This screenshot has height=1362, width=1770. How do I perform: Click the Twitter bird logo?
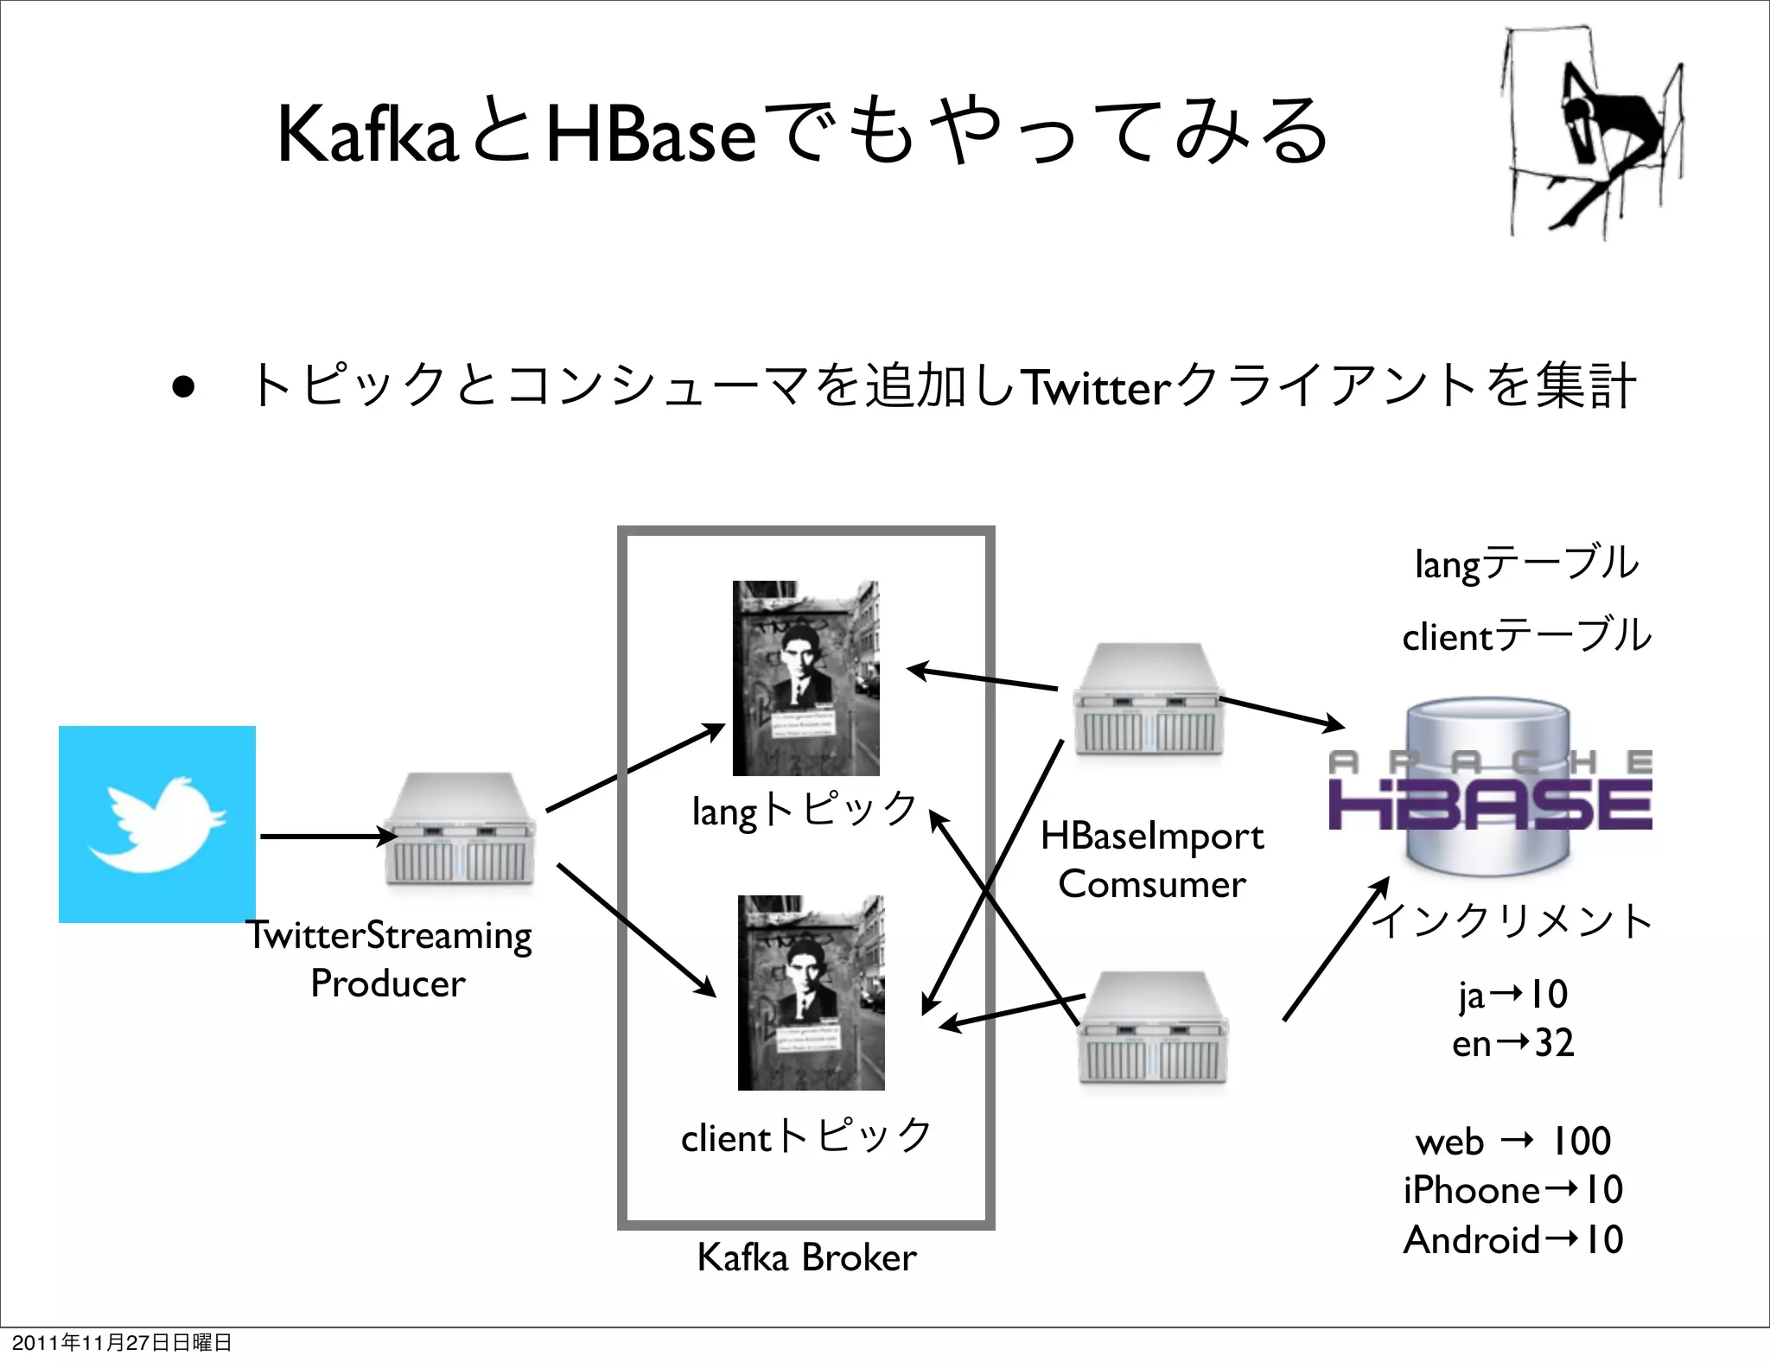click(x=156, y=824)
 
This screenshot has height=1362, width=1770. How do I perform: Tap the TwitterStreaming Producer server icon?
click(x=460, y=830)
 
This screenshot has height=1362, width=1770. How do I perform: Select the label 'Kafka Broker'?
click(x=806, y=1257)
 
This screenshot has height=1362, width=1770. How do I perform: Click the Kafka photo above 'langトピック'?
click(x=805, y=678)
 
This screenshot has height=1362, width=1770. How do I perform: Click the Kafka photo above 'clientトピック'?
click(x=811, y=992)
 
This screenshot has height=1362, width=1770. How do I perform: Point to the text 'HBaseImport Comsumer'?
click(x=1152, y=859)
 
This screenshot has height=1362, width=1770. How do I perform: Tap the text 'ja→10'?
click(x=1512, y=994)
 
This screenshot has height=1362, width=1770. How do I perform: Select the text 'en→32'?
click(x=1512, y=1043)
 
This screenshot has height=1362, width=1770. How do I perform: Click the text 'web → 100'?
click(x=1512, y=1141)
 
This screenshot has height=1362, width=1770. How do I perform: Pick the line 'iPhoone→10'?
click(x=1512, y=1190)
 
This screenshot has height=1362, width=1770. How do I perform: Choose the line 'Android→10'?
click(x=1512, y=1239)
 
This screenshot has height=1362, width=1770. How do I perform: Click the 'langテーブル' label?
click(x=1526, y=563)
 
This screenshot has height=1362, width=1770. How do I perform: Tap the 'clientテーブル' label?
click(x=1526, y=636)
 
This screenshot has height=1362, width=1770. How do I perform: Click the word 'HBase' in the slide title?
click(x=652, y=134)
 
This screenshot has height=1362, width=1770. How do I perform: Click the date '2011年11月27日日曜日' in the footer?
click(x=121, y=1342)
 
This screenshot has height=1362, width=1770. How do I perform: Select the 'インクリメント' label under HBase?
click(x=1512, y=920)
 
